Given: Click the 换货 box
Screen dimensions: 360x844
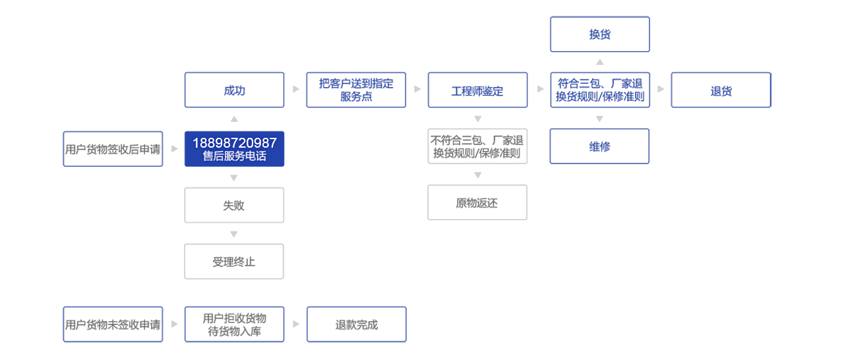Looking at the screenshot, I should click(x=599, y=34).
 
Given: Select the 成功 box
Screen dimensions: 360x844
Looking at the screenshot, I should click(x=234, y=90).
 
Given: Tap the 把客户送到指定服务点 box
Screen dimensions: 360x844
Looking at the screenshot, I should click(x=356, y=90).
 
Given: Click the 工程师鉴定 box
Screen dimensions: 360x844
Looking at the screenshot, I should click(x=477, y=90).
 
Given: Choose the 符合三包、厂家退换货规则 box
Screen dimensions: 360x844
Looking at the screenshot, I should click(x=599, y=90).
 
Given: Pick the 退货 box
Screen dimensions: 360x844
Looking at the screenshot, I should click(x=721, y=90).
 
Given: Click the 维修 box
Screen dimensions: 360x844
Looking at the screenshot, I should click(x=599, y=146).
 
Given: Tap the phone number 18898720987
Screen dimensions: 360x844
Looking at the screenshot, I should click(x=234, y=143).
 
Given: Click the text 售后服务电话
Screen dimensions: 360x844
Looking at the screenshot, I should click(x=234, y=157).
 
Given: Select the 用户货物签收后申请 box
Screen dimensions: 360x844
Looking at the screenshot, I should click(x=113, y=149).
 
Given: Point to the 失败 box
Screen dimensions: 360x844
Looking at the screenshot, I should click(x=234, y=206).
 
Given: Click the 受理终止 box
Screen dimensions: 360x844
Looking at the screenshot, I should click(x=234, y=262).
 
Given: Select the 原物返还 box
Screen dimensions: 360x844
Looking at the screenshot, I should click(x=477, y=202).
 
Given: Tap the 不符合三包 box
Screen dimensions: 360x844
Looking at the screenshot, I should click(x=477, y=146).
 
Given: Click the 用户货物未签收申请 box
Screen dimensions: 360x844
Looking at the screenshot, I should click(x=113, y=324).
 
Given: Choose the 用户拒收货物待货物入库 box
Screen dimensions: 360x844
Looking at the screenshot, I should click(x=234, y=324).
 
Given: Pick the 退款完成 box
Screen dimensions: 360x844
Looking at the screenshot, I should click(x=356, y=324).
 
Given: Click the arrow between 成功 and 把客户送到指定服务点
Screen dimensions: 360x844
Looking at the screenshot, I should click(x=295, y=89).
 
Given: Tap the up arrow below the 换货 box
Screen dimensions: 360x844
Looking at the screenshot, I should click(x=599, y=62).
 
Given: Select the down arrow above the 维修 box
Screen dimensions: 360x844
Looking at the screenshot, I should click(x=599, y=119).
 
